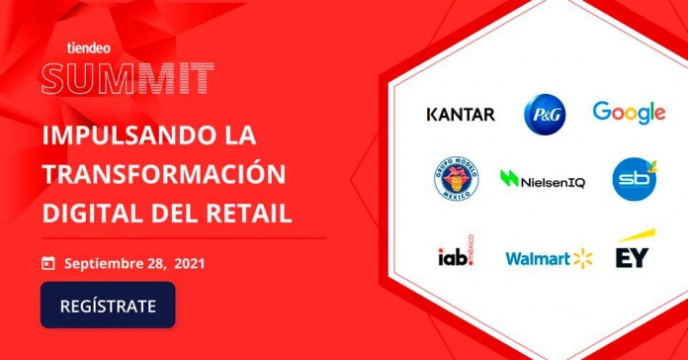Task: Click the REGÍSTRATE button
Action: [108, 305]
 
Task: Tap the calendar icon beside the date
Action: [47, 263]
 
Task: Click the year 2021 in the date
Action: [191, 263]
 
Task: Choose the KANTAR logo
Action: [460, 114]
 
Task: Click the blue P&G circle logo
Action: [545, 114]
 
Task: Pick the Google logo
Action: [629, 113]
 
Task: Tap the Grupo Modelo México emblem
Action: [458, 180]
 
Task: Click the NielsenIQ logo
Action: [543, 180]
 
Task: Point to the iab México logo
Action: [456, 256]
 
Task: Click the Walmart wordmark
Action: [538, 258]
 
